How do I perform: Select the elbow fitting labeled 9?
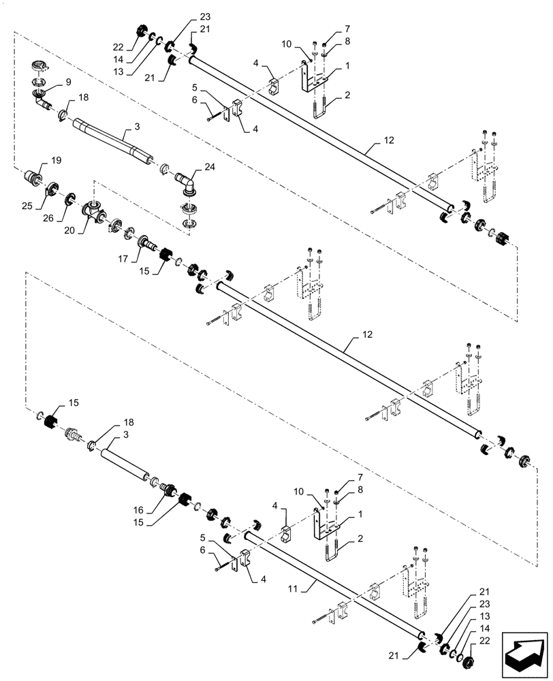coord(44,102)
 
